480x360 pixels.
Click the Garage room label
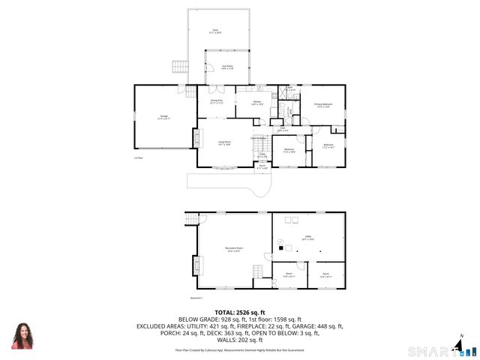coord(163,116)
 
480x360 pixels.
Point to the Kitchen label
coord(256,103)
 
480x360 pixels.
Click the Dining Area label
coord(217,101)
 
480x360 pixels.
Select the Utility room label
coord(307,238)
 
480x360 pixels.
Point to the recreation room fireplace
coord(197,265)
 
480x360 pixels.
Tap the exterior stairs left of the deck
coord(179,67)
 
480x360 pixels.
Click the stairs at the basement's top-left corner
coord(195,218)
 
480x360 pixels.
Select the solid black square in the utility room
coord(282,247)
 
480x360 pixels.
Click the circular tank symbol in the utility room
coord(279,240)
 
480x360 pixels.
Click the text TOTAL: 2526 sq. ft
coord(240,312)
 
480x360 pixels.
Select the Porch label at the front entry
coord(261,167)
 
